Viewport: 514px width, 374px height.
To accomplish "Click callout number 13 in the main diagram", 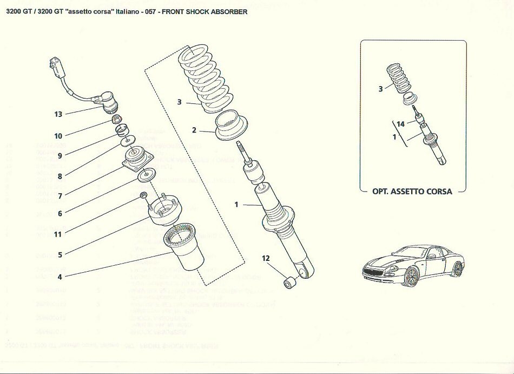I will [x=58, y=114].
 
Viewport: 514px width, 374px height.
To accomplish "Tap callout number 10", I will [x=58, y=136].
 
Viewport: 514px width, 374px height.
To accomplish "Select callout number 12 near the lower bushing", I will [x=266, y=258].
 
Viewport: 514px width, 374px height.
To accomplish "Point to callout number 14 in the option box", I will [x=400, y=124].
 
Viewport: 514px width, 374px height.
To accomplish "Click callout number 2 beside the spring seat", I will [x=194, y=130].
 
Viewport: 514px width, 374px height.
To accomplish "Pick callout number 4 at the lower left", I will [x=60, y=277].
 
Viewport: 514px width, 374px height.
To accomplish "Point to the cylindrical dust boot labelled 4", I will [x=183, y=249].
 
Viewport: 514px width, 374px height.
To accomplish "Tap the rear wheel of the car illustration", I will [x=458, y=268].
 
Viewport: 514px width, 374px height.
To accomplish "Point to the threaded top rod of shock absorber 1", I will [x=242, y=152].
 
